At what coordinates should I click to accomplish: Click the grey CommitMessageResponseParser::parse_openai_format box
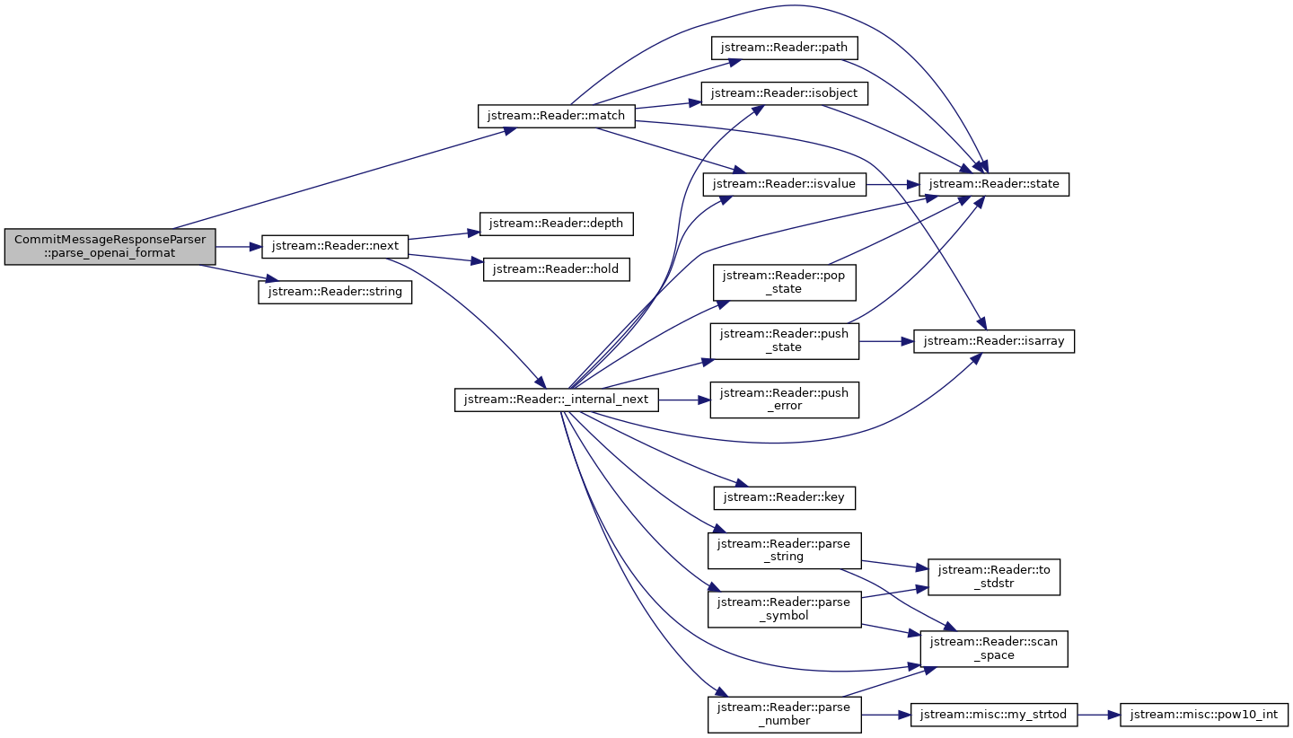pyautogui.click(x=110, y=246)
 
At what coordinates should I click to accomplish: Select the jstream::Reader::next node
pyautogui.click(x=335, y=246)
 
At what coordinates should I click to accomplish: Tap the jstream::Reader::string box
pyautogui.click(x=335, y=292)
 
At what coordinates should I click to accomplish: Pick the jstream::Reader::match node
pyautogui.click(x=556, y=116)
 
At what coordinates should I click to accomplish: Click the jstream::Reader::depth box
pyautogui.click(x=556, y=224)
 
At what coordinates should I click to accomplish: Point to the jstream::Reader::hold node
pyautogui.click(x=556, y=269)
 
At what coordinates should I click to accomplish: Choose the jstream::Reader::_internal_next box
pyautogui.click(x=556, y=400)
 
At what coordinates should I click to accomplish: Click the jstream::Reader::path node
pyautogui.click(x=785, y=48)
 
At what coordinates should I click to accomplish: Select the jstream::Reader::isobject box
pyautogui.click(x=785, y=93)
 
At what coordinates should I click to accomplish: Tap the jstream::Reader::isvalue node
pyautogui.click(x=785, y=185)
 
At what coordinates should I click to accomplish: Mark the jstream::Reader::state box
pyautogui.click(x=993, y=185)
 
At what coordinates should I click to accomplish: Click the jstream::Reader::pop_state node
pyautogui.click(x=785, y=282)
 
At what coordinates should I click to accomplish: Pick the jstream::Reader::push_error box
pyautogui.click(x=785, y=400)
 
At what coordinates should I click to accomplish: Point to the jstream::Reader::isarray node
pyautogui.click(x=993, y=341)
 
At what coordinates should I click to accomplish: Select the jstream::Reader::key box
pyautogui.click(x=785, y=498)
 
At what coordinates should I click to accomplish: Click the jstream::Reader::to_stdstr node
pyautogui.click(x=993, y=577)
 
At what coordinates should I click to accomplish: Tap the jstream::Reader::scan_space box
pyautogui.click(x=993, y=649)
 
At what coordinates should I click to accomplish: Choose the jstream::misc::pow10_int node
pyautogui.click(x=1203, y=715)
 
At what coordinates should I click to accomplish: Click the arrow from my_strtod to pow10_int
pyautogui.click(x=1098, y=715)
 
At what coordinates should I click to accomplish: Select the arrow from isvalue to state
pyautogui.click(x=893, y=185)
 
